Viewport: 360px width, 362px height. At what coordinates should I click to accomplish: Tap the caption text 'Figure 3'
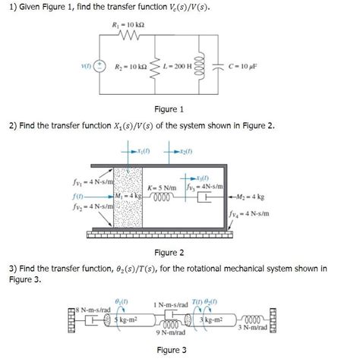coord(172,349)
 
